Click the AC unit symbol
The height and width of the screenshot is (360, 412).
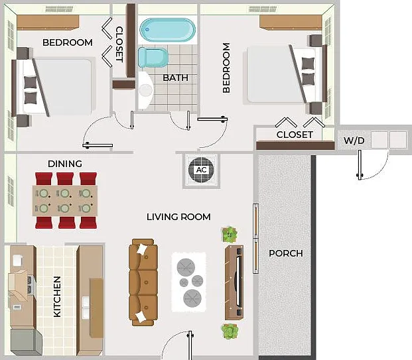click(x=201, y=170)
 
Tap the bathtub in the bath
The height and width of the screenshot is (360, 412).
click(x=167, y=30)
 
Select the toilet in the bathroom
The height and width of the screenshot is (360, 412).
click(x=153, y=58)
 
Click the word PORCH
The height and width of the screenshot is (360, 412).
click(x=286, y=253)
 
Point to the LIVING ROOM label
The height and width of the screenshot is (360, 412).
click(x=178, y=217)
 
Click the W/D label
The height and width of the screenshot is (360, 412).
click(x=354, y=141)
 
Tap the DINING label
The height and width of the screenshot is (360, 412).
click(x=65, y=164)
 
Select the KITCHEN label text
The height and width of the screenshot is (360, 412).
click(x=57, y=296)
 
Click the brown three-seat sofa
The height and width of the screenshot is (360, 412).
click(x=143, y=282)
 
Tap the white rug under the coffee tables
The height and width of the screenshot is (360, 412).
click(x=188, y=282)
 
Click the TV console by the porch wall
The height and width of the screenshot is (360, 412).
click(x=234, y=282)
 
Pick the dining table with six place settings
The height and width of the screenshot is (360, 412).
click(x=65, y=201)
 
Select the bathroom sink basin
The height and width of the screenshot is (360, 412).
click(x=145, y=90)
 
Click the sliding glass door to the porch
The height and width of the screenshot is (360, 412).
click(x=255, y=239)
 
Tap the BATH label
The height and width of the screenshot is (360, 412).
click(x=176, y=78)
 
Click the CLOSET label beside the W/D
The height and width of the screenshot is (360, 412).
click(x=295, y=135)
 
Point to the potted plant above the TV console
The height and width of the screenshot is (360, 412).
click(x=230, y=235)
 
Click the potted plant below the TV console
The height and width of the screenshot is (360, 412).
click(x=230, y=331)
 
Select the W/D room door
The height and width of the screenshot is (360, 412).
click(x=360, y=165)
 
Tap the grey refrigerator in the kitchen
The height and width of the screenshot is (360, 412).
click(x=26, y=342)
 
